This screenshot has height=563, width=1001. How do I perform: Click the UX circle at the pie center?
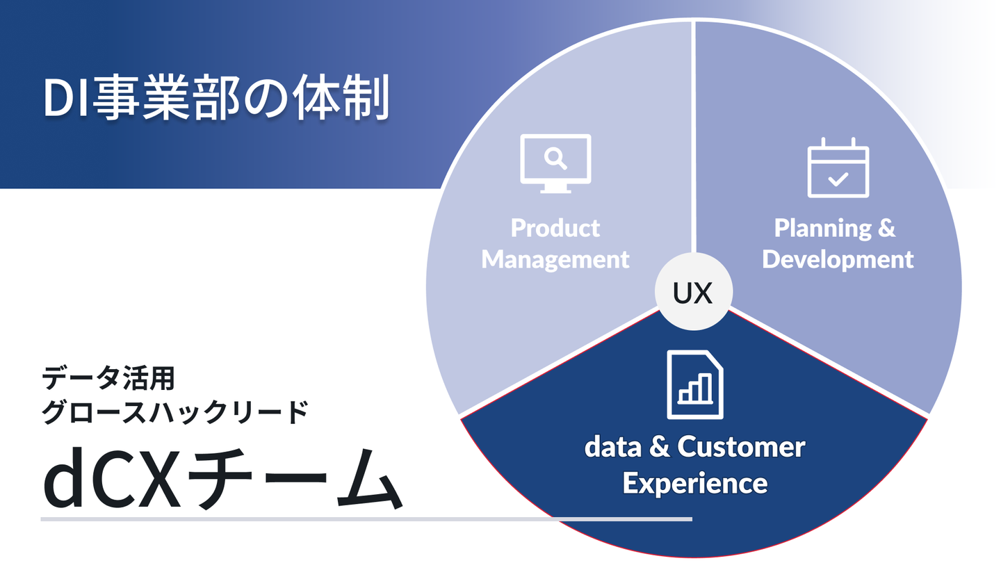(x=694, y=293)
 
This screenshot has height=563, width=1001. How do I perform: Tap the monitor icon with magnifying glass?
(x=555, y=163)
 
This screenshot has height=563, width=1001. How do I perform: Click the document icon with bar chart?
(x=694, y=384)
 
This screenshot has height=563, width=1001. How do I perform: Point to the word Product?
(x=555, y=228)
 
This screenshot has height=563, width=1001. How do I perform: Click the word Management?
(x=555, y=259)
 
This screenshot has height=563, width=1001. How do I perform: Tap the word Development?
(x=838, y=259)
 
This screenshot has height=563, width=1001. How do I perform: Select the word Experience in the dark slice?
(x=694, y=482)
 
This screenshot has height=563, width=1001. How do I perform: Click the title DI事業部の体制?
(x=215, y=99)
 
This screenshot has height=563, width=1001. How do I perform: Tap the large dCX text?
(x=111, y=480)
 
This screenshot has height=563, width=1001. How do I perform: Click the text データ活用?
(x=108, y=380)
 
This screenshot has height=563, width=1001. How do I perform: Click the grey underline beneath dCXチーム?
(x=366, y=519)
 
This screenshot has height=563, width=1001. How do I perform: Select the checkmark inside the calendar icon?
(x=838, y=179)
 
